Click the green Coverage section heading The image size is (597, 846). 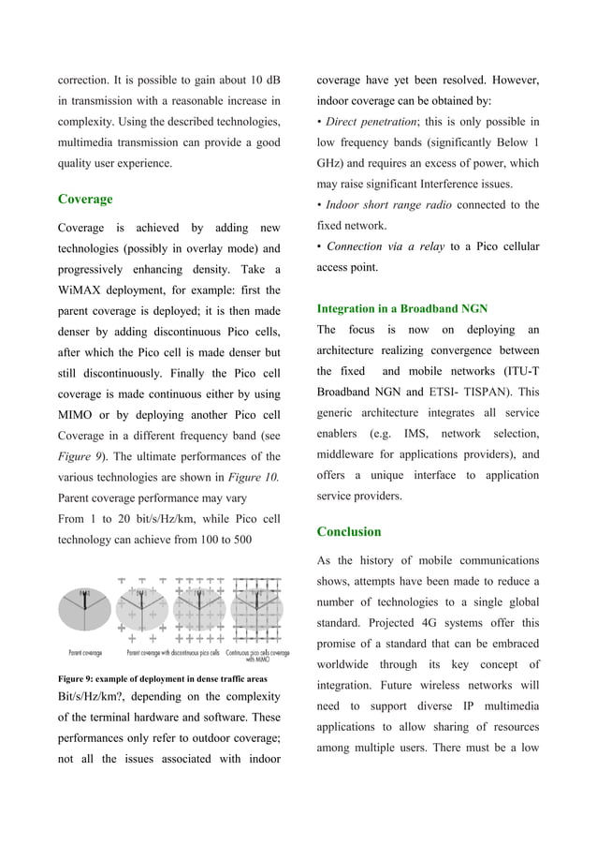(85, 199)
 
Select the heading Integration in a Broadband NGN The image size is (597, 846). (401, 308)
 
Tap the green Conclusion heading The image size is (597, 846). (349, 531)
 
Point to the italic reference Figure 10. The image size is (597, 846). (255, 477)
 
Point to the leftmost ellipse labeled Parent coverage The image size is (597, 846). (85, 614)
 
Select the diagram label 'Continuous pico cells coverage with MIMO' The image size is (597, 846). (257, 656)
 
